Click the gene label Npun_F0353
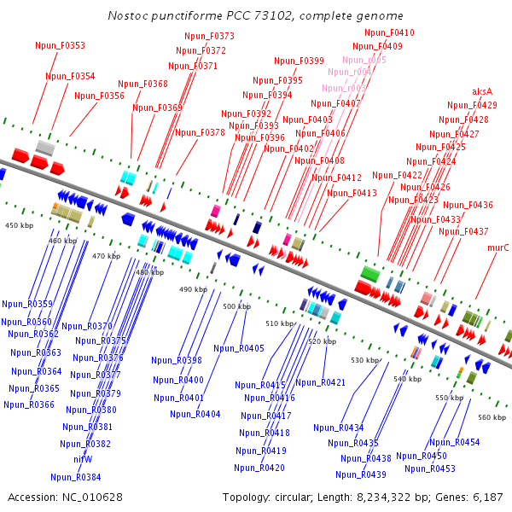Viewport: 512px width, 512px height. point(60,46)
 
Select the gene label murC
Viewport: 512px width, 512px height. point(497,248)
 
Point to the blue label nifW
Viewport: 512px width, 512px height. point(83,459)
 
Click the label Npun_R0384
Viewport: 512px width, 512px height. point(75,478)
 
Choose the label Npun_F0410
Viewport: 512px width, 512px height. point(389,33)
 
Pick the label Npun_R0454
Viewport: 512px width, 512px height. point(454,443)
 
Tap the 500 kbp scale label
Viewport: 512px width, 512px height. point(236,306)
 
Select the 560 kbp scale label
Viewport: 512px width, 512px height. point(492,417)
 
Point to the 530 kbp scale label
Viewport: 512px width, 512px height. point(364,361)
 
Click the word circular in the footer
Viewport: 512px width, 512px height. point(291,497)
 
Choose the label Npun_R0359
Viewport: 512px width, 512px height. point(27,305)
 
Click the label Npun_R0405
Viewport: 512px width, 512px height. point(239,349)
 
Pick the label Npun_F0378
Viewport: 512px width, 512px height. point(200,133)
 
